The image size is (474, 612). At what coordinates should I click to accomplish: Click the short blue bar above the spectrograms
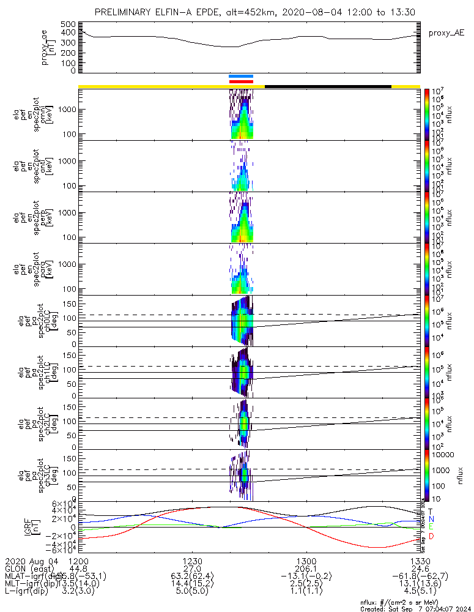240,76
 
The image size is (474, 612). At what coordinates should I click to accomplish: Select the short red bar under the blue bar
240,81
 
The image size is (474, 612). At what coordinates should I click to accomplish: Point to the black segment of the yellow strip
328,86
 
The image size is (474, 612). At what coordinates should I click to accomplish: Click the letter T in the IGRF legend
430,511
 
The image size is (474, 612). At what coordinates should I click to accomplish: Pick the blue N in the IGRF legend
430,519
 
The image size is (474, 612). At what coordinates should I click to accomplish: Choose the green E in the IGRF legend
430,527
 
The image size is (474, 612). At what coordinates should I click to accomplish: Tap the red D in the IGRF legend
430,536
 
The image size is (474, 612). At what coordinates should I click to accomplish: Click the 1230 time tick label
192,561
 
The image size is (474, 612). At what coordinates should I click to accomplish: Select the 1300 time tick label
306,561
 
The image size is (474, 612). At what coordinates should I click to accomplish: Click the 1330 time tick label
420,561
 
